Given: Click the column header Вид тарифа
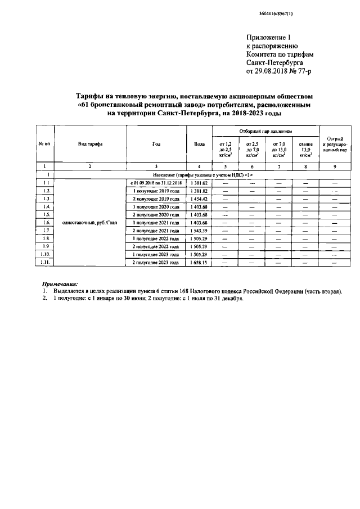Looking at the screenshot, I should point(90,145).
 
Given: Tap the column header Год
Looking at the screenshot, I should point(157,145).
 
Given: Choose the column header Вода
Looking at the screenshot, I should point(199,145).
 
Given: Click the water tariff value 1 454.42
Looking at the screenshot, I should point(199,199).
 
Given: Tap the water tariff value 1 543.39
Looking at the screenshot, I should point(199,231).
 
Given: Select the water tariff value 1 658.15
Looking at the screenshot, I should point(199,263).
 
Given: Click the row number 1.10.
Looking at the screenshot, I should point(46,255).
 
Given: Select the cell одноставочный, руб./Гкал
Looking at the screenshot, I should point(90,223).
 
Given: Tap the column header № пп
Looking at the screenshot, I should point(45,145).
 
